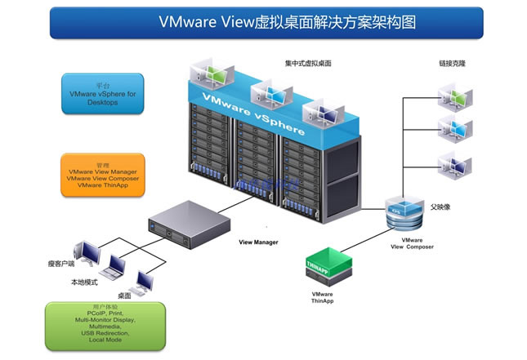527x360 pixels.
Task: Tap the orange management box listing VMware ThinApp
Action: click(102, 175)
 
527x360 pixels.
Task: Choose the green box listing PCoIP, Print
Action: click(105, 324)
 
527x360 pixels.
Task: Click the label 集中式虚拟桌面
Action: click(308, 63)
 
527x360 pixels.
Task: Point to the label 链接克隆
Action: click(453, 63)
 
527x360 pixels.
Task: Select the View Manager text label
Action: click(258, 242)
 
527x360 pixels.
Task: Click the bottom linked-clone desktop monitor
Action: click(453, 161)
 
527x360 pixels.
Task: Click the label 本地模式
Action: click(85, 282)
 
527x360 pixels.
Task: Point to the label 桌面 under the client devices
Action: click(124, 295)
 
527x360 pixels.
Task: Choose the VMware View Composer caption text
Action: click(412, 243)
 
